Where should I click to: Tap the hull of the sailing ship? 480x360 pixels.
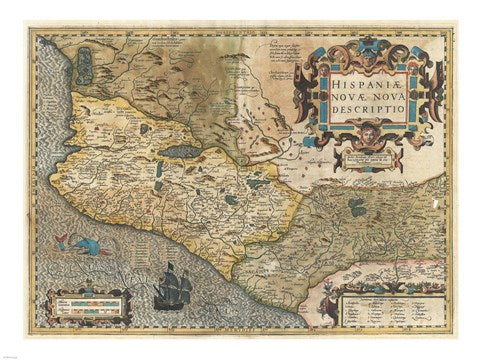tap(171, 296)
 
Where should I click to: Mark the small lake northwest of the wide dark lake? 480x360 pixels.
tap(146, 130)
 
